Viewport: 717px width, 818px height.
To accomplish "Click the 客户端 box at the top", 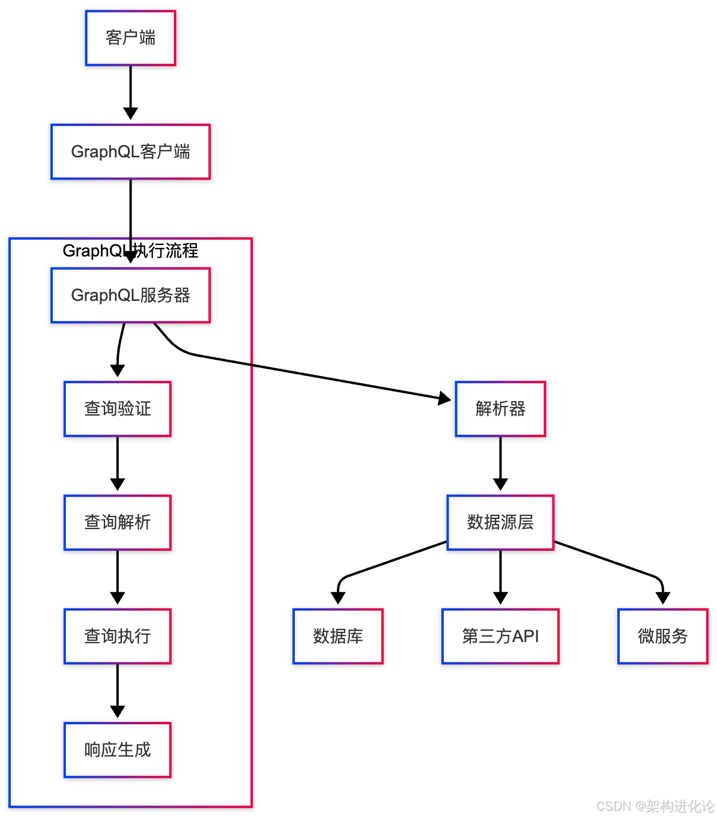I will point(130,38).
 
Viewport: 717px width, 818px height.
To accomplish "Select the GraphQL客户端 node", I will point(130,151).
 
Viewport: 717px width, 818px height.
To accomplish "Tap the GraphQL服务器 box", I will point(130,295).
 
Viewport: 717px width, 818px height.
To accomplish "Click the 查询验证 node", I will point(117,408).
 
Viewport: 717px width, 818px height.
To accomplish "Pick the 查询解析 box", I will point(117,522).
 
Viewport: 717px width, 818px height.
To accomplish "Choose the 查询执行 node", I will point(117,636).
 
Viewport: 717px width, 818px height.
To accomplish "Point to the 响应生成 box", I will point(117,750).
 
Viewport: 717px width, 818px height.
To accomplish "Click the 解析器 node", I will point(500,408).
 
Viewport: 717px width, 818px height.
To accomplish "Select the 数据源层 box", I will point(500,522).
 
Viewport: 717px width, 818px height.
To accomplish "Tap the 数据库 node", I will point(337,636).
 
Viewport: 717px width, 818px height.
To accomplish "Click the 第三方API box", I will point(500,636).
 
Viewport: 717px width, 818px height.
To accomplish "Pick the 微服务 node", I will point(662,636).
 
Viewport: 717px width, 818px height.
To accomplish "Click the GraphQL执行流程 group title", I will point(130,250).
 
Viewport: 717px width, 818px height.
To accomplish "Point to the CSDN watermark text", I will point(655,806).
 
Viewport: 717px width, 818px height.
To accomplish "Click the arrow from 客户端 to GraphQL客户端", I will point(130,90).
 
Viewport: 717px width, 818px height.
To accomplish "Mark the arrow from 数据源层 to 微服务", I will point(613,562).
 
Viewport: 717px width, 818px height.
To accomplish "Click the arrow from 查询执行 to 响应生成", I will point(117,691).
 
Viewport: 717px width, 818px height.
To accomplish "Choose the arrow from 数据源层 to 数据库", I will point(390,562).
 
